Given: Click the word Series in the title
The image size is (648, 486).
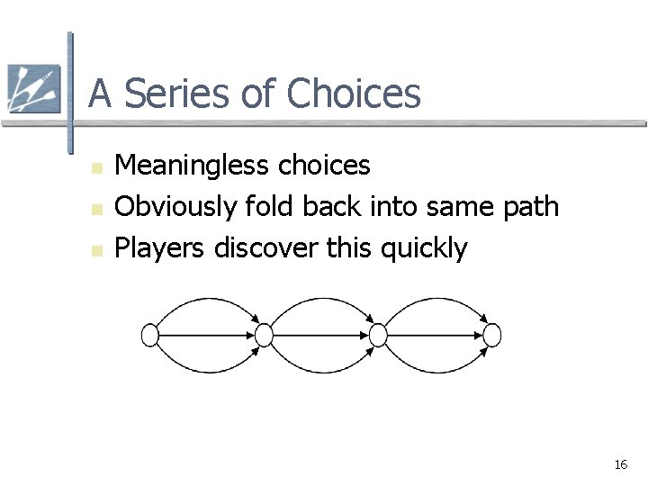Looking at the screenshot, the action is [197, 94].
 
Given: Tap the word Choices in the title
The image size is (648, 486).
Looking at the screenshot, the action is [355, 94].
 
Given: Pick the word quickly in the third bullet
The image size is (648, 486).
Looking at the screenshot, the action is [424, 248].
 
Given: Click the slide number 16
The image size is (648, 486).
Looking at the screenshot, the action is [620, 464].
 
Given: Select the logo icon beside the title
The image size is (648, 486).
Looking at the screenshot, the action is [33, 89].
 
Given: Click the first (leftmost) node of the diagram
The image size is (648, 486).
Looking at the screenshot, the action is [150, 335].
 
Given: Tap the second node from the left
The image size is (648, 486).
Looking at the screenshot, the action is [264, 335].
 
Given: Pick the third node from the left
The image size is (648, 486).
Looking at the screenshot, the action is [378, 335].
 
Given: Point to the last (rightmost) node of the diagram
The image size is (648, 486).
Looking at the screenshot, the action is [492, 335].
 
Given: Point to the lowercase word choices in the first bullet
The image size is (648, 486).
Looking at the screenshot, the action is [324, 166].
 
